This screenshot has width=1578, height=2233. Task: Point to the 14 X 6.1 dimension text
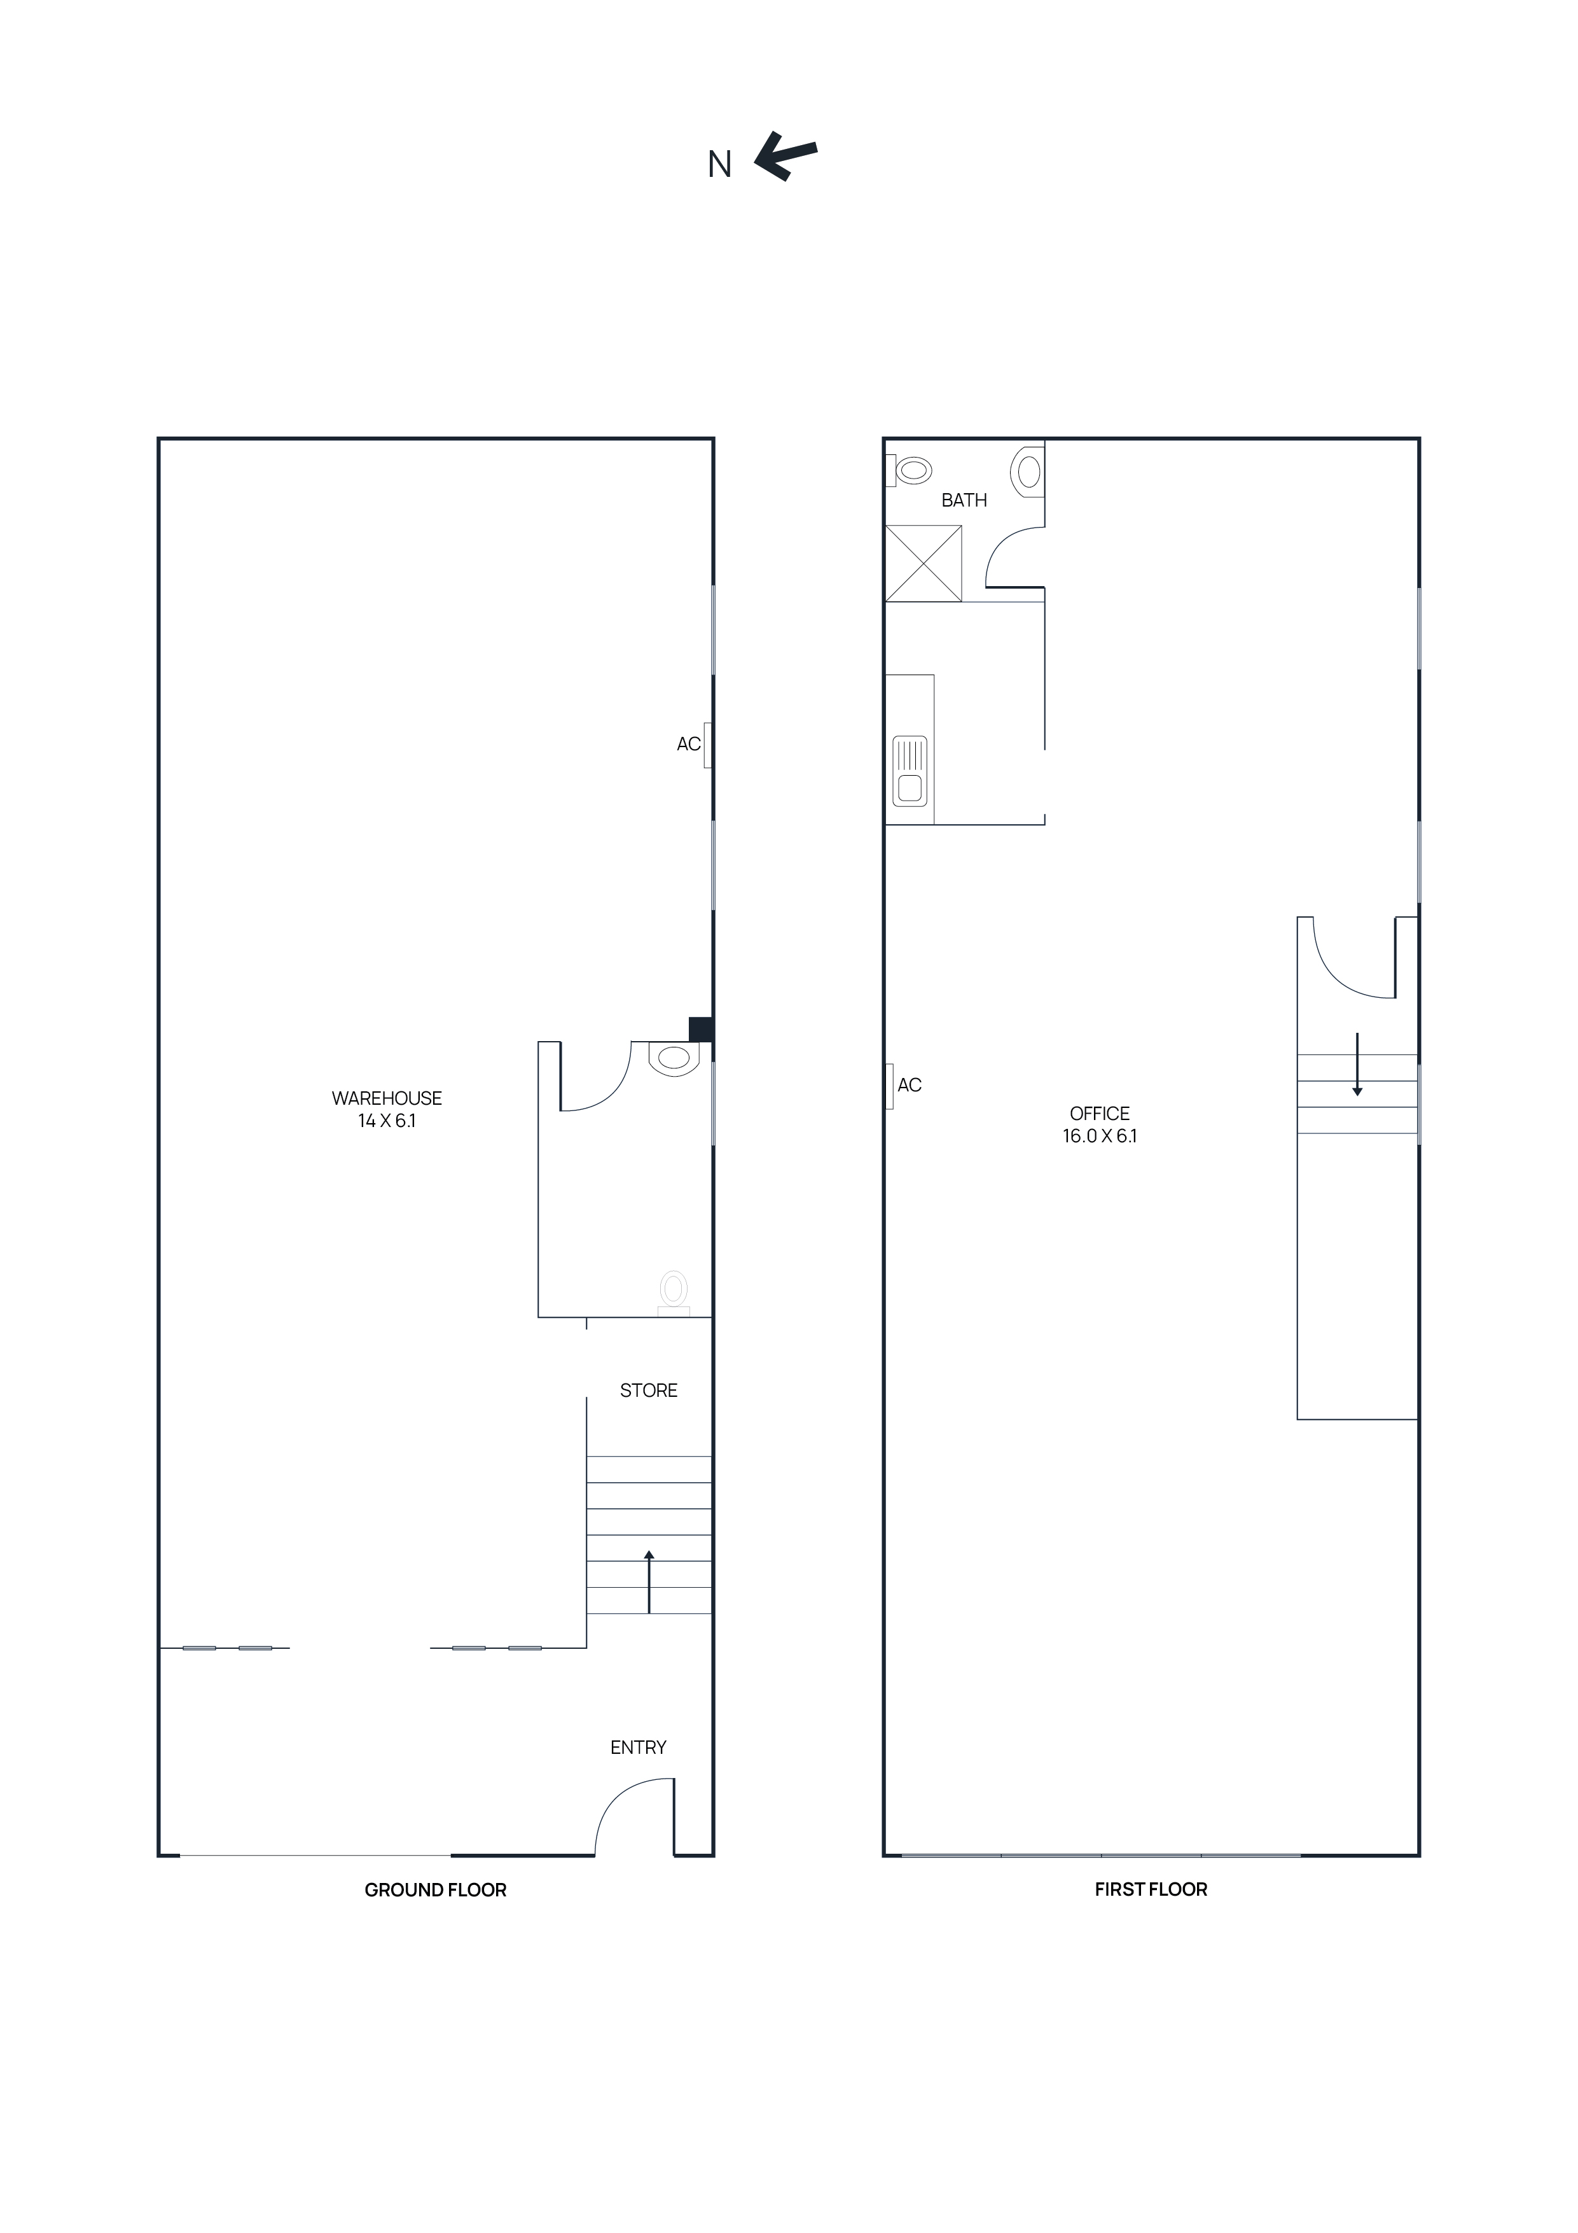tap(386, 1121)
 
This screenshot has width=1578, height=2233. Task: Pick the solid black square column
tap(701, 1029)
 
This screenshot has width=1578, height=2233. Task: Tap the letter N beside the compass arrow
tap(719, 165)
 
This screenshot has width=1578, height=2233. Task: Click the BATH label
tap(964, 500)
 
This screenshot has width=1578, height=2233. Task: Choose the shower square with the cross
tap(923, 563)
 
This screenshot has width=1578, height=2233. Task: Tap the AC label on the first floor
tap(909, 1086)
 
